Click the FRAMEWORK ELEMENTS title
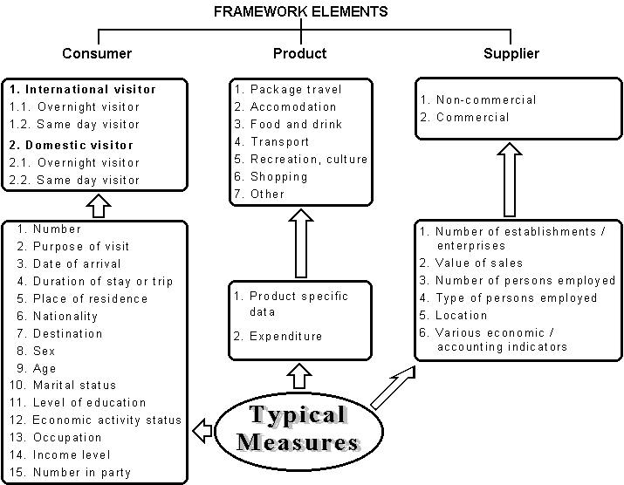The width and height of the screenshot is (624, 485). tap(300, 12)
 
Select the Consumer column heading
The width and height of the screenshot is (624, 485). tap(97, 54)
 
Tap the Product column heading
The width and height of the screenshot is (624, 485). tap(299, 54)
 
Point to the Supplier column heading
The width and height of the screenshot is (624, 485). tap(511, 54)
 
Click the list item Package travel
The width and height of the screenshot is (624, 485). tap(296, 90)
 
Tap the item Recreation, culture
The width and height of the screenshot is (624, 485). tap(308, 160)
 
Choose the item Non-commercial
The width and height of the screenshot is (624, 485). tap(486, 100)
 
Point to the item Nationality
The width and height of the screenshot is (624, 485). tap(65, 316)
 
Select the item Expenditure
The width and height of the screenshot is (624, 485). tap(285, 336)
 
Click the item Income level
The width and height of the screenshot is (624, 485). tap(72, 454)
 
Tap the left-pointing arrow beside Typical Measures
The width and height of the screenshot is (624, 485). tap(202, 430)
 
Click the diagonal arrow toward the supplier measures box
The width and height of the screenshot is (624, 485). tap(392, 387)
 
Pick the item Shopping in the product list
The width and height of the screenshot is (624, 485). tap(278, 177)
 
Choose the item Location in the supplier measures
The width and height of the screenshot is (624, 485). tap(461, 315)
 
